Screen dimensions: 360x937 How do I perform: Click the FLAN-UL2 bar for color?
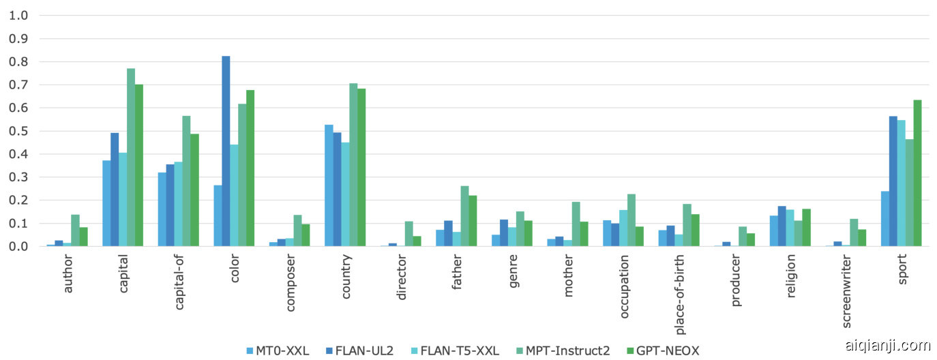coord(226,151)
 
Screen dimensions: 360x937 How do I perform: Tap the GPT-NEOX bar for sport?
coord(917,173)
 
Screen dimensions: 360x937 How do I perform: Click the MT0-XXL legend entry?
coord(278,351)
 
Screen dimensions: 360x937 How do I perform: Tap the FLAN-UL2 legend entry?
coord(363,351)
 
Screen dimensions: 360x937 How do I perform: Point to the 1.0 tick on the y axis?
coord(18,16)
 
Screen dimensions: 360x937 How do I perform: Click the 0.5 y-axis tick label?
coord(18,131)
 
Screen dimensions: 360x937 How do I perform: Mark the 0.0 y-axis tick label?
coord(18,246)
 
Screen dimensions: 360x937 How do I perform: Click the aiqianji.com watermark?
coord(887,345)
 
